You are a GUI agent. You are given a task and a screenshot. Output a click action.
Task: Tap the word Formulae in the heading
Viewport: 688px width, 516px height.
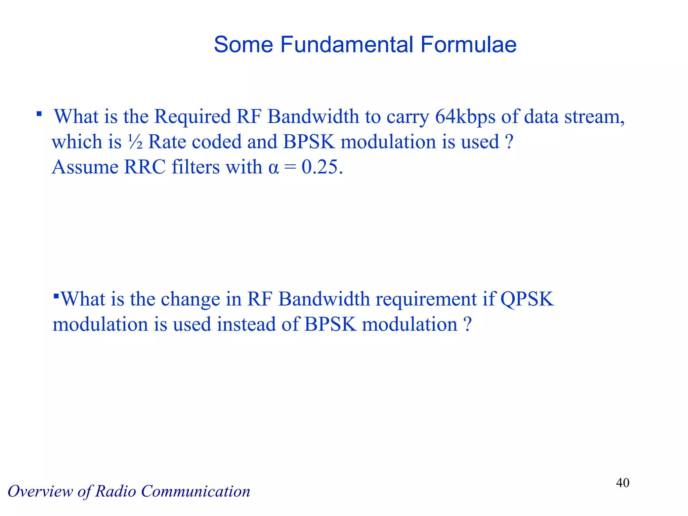(468, 44)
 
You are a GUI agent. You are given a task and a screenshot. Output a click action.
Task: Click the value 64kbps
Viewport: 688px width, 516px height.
(465, 117)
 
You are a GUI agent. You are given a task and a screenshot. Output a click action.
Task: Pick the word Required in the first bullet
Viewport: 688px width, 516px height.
(192, 117)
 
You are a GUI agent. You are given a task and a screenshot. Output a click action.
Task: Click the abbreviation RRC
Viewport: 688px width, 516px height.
(145, 167)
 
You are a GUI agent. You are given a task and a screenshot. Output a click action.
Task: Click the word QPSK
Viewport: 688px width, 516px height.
(527, 299)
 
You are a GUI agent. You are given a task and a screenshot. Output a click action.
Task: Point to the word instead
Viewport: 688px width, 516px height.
(246, 325)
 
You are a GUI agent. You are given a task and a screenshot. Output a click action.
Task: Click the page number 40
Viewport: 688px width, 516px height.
(622, 483)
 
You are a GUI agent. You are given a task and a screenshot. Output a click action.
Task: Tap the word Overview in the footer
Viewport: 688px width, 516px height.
(40, 491)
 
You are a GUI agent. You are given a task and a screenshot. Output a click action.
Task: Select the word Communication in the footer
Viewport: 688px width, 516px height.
(196, 491)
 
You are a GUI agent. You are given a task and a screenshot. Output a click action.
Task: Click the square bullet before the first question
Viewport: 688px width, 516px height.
(39, 114)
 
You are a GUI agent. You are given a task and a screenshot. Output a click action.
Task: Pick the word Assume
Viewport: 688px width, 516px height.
(85, 167)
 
